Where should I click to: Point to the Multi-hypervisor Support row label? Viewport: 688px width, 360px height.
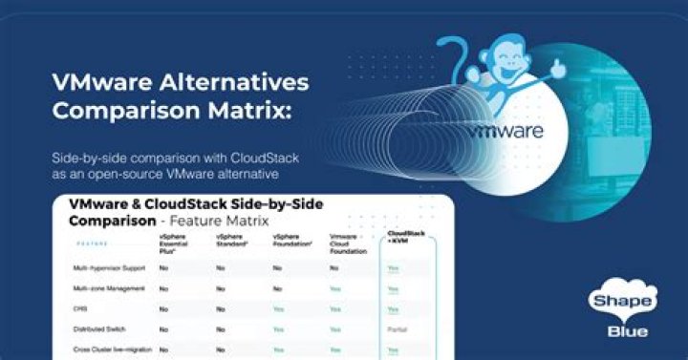[x=108, y=268]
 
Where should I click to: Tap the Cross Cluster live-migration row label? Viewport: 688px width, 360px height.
[x=110, y=349]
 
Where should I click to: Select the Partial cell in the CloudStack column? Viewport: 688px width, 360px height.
[x=398, y=328]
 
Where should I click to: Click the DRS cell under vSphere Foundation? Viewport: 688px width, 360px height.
[x=278, y=308]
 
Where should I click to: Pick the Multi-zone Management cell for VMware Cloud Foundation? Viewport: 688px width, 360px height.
[x=335, y=288]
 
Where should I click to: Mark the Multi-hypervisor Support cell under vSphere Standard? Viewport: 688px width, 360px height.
[x=221, y=268]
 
